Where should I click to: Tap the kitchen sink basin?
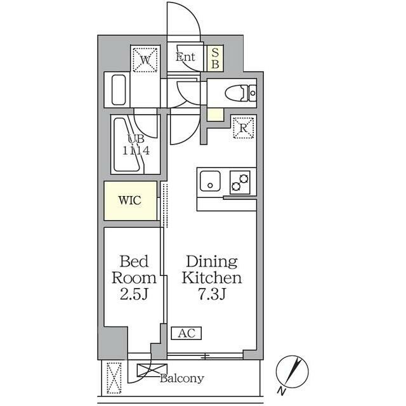(210, 181)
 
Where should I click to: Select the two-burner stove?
(240, 182)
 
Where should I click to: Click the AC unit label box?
(186, 333)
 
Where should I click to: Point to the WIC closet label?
(129, 200)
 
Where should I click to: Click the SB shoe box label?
(215, 58)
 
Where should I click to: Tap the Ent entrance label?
(185, 57)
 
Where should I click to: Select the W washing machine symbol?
(145, 60)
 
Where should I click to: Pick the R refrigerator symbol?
(243, 128)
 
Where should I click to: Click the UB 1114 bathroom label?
(136, 145)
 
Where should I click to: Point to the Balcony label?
(182, 379)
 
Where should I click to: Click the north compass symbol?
(292, 371)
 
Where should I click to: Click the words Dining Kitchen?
(212, 270)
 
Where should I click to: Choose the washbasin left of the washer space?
(119, 89)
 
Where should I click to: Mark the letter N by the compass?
(282, 391)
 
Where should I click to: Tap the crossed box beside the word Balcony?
(152, 370)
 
